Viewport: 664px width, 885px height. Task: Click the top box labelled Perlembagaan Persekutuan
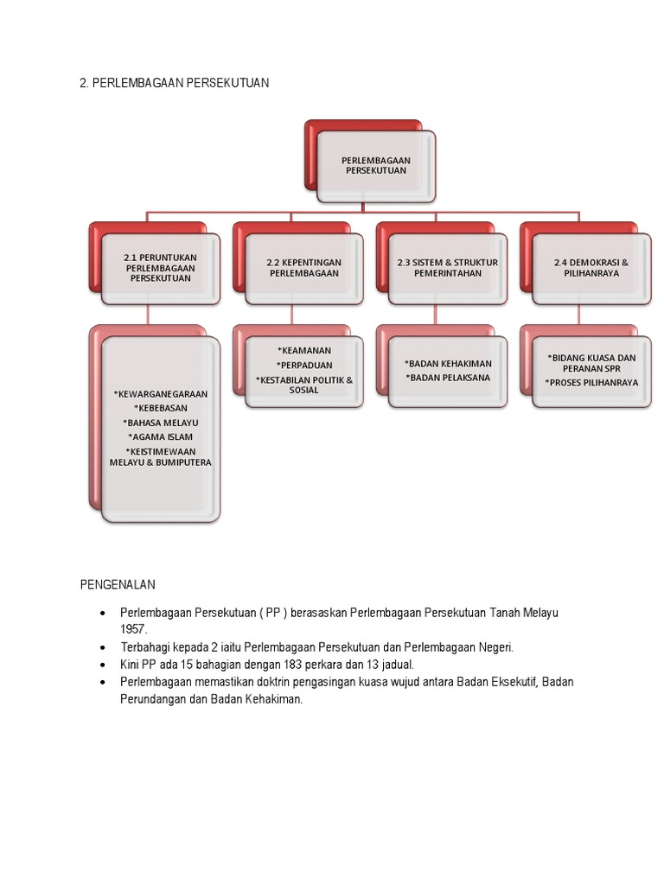click(x=375, y=166)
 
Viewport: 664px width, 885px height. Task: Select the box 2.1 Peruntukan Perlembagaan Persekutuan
click(x=160, y=268)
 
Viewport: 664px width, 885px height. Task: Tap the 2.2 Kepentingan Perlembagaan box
click(x=304, y=268)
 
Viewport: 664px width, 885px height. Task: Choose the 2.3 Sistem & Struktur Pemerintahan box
click(x=448, y=268)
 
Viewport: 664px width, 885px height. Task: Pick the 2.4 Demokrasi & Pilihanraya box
click(x=591, y=268)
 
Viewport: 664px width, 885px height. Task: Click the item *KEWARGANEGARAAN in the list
click(x=160, y=394)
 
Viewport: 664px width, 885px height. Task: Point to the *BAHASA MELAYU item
click(x=160, y=423)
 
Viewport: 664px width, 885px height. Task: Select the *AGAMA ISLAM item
click(x=160, y=437)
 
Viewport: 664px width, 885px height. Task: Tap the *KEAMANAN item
click(x=304, y=350)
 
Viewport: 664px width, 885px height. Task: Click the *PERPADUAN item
click(x=304, y=365)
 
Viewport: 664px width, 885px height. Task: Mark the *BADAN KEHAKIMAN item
click(x=448, y=364)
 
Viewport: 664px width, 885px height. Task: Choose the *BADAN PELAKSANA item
click(x=448, y=378)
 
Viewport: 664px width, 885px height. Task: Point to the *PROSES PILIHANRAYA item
click(x=591, y=382)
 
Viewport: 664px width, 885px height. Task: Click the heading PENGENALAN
click(x=118, y=585)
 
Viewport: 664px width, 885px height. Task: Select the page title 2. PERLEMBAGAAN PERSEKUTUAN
click(x=175, y=83)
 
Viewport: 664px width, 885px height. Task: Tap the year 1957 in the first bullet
click(x=133, y=629)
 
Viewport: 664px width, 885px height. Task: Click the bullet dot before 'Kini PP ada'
click(x=103, y=665)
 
